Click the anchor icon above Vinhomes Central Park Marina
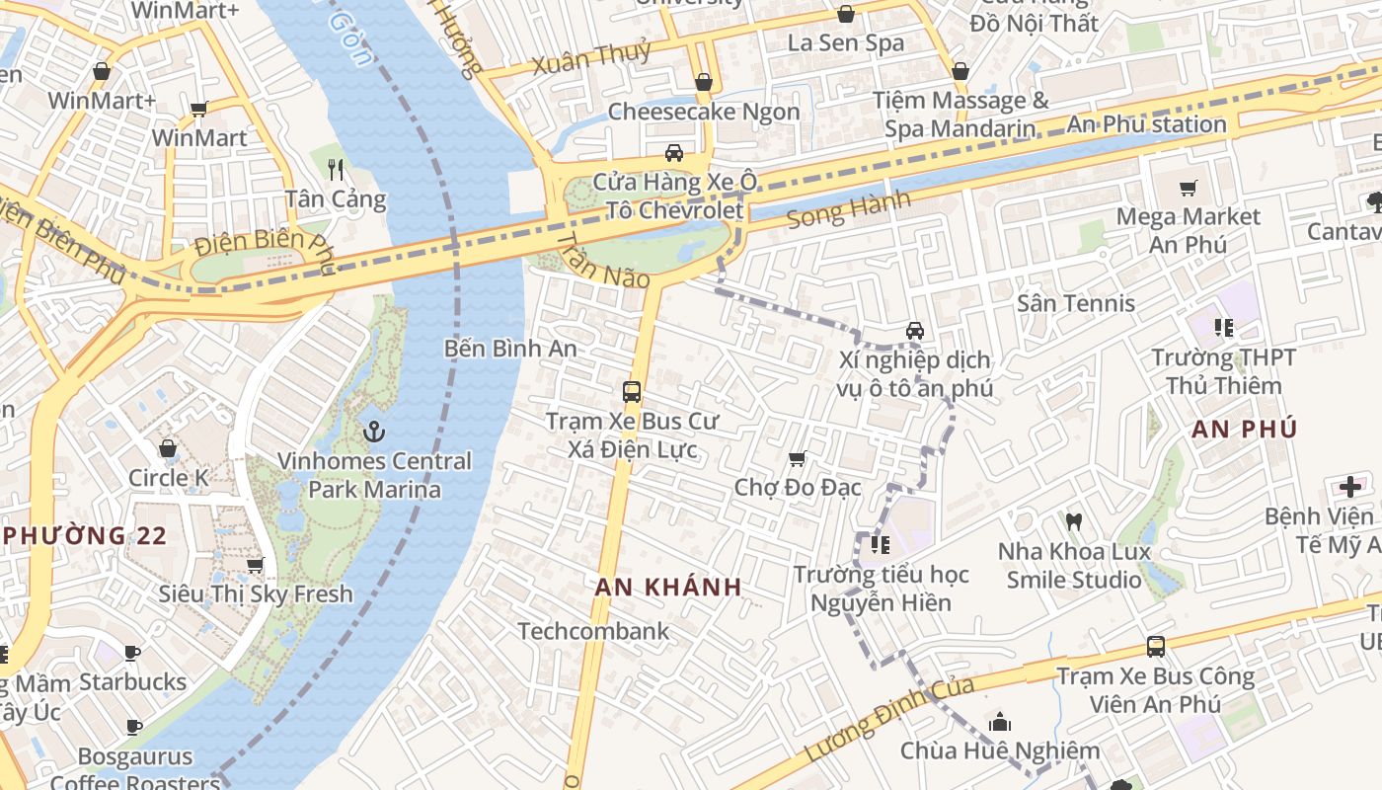(373, 431)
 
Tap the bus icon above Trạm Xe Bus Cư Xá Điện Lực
(632, 391)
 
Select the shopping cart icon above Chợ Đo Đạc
(798, 458)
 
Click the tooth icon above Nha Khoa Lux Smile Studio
(1074, 521)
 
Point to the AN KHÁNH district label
(668, 587)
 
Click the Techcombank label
(593, 631)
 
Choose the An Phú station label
(1146, 124)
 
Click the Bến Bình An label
(510, 349)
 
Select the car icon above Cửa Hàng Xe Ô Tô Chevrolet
(674, 153)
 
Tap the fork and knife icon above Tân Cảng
(336, 169)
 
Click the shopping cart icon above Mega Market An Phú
(1189, 188)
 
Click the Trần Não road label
(603, 261)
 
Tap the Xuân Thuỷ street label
(591, 58)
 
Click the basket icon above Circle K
(168, 448)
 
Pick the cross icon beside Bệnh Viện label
(1349, 486)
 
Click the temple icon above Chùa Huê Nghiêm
(999, 722)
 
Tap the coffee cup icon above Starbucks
(132, 653)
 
